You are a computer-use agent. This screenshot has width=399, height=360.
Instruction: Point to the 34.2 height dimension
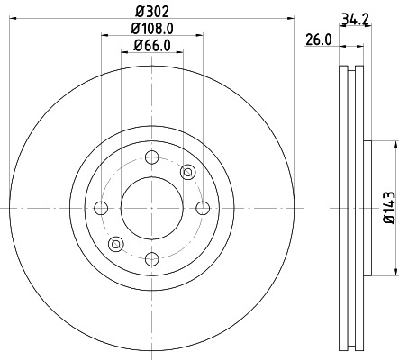pos(353,15)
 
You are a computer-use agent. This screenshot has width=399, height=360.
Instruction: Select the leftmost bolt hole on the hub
pos(101,208)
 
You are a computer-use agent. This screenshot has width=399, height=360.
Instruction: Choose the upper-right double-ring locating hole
pos(187,172)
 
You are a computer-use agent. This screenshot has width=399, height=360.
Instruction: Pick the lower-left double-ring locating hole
pos(115,244)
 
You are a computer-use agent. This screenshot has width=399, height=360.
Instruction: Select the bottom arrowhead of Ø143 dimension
pos(394,271)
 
